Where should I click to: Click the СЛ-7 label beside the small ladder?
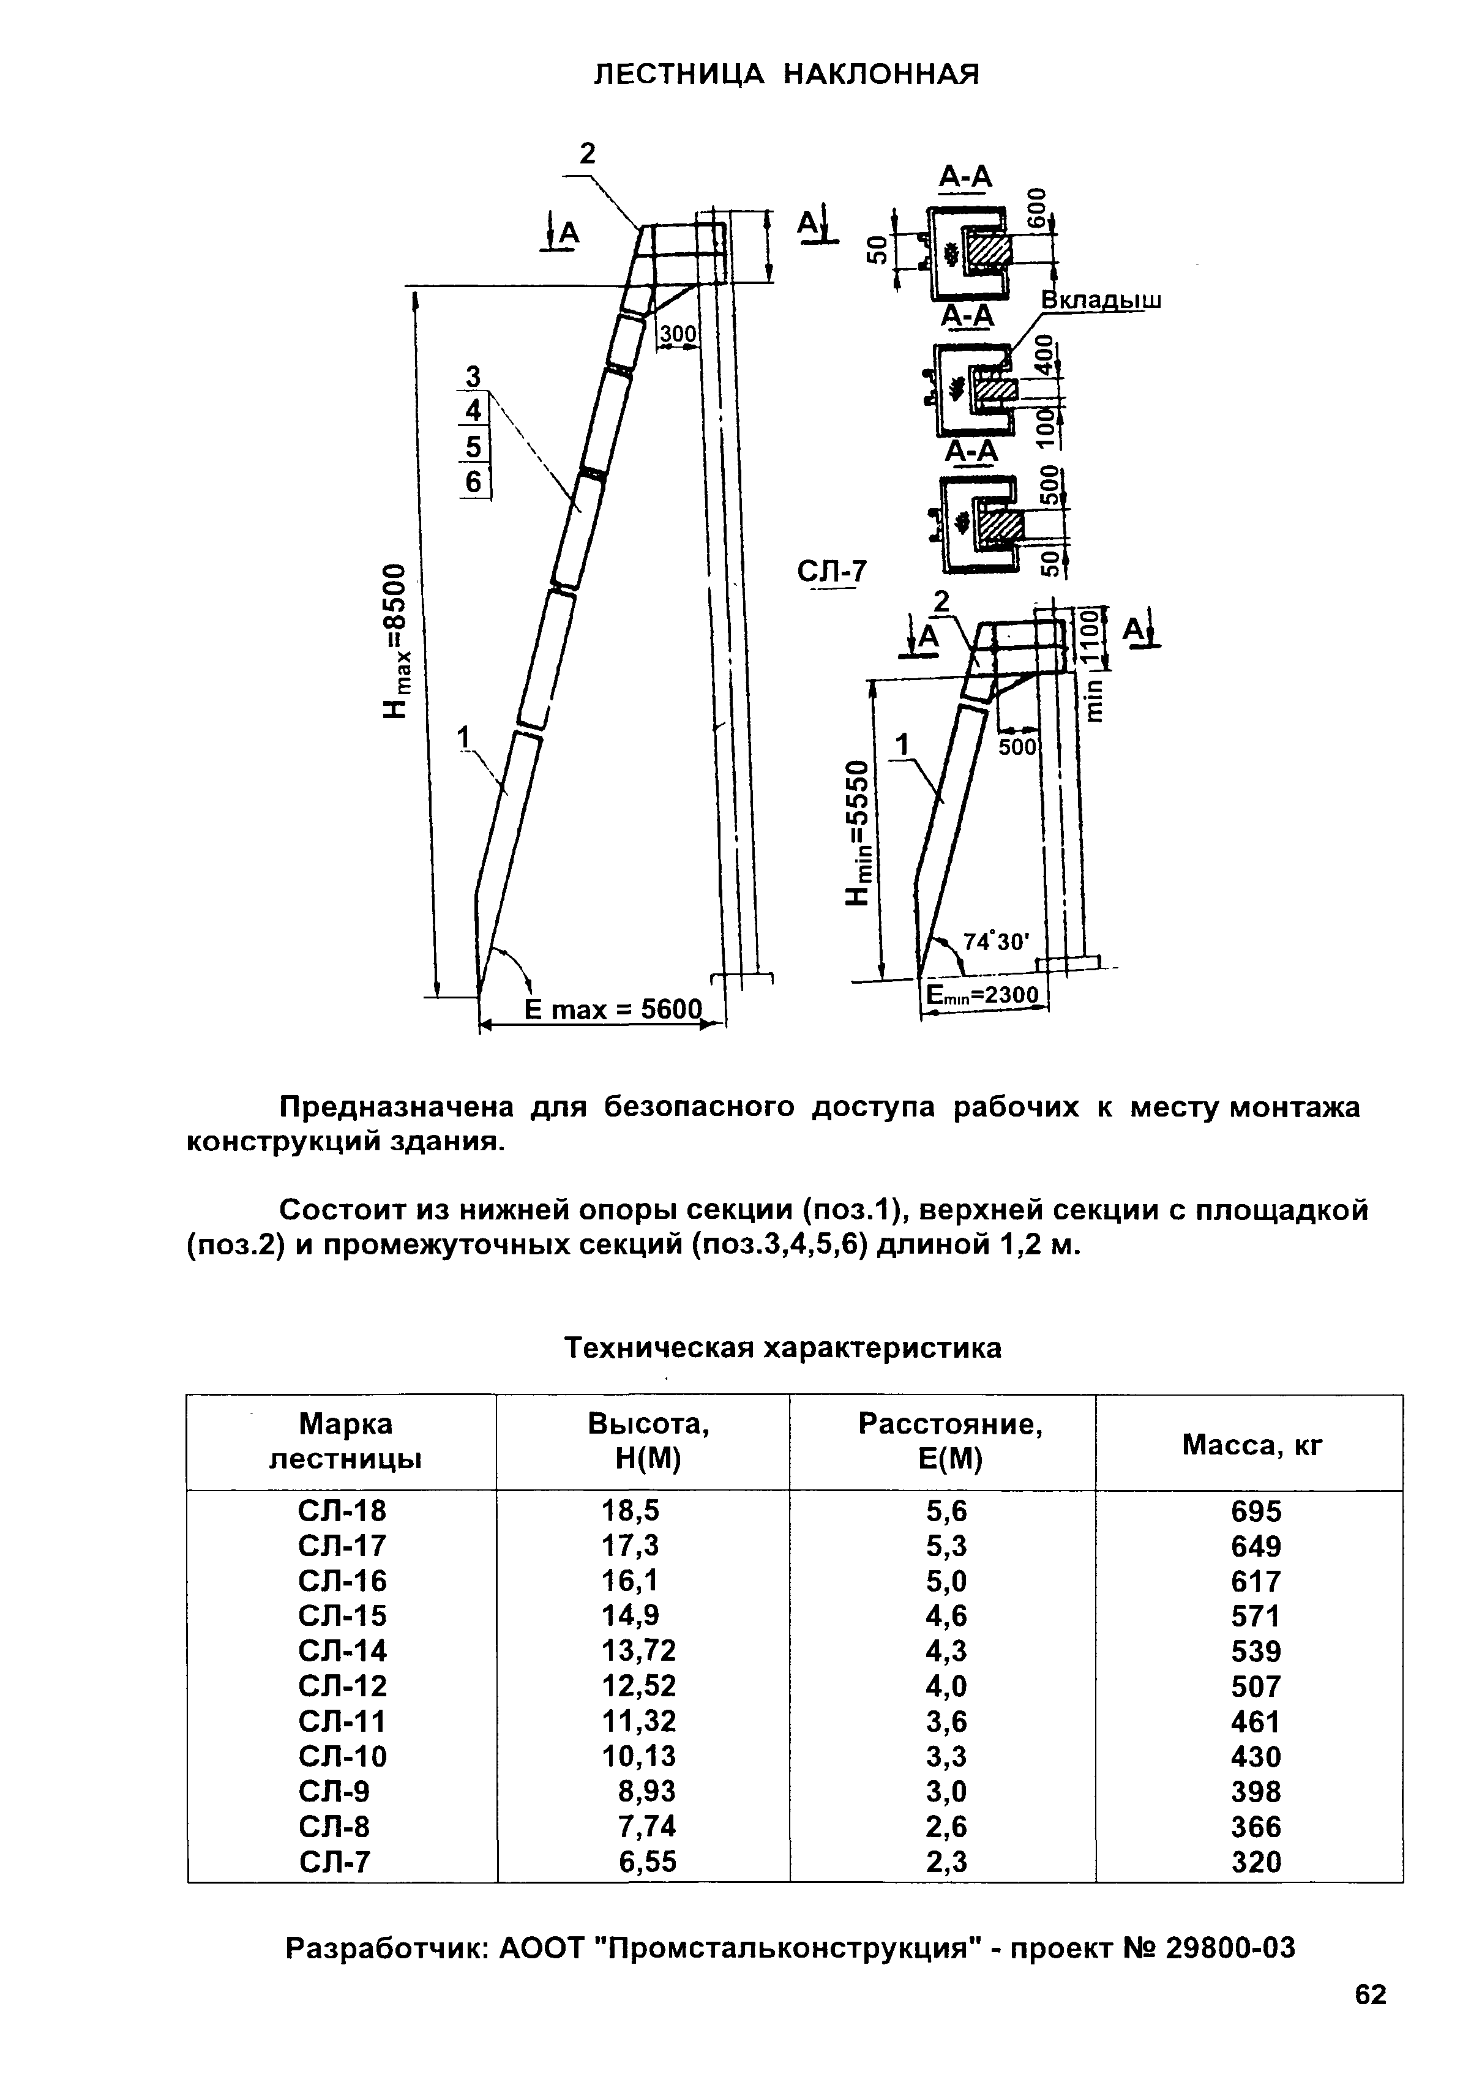(831, 572)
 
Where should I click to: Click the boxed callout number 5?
(473, 446)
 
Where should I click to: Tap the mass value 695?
(1256, 1512)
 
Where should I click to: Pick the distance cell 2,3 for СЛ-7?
(946, 1860)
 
